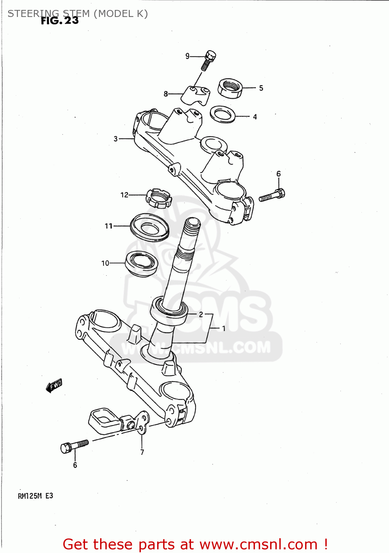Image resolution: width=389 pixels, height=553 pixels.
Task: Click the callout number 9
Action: coord(187,56)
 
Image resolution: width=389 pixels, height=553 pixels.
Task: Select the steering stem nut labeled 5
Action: coord(230,88)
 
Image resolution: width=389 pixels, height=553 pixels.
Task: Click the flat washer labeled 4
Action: coord(223,114)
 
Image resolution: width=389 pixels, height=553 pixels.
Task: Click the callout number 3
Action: coord(116,139)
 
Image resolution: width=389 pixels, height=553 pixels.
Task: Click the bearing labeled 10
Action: coord(142,263)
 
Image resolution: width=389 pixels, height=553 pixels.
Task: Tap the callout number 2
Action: coord(201,314)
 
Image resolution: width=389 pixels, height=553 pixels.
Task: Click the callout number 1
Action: coord(223,328)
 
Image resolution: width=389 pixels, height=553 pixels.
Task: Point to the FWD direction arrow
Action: coord(54,386)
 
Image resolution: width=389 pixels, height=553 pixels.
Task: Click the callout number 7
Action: coord(142,452)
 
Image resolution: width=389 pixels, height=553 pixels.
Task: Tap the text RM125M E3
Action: coord(35,496)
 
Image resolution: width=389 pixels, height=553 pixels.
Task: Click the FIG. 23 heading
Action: coord(60,21)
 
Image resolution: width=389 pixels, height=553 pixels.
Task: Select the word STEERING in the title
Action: coord(33,14)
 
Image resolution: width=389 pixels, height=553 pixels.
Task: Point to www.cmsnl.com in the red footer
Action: coord(258,544)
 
